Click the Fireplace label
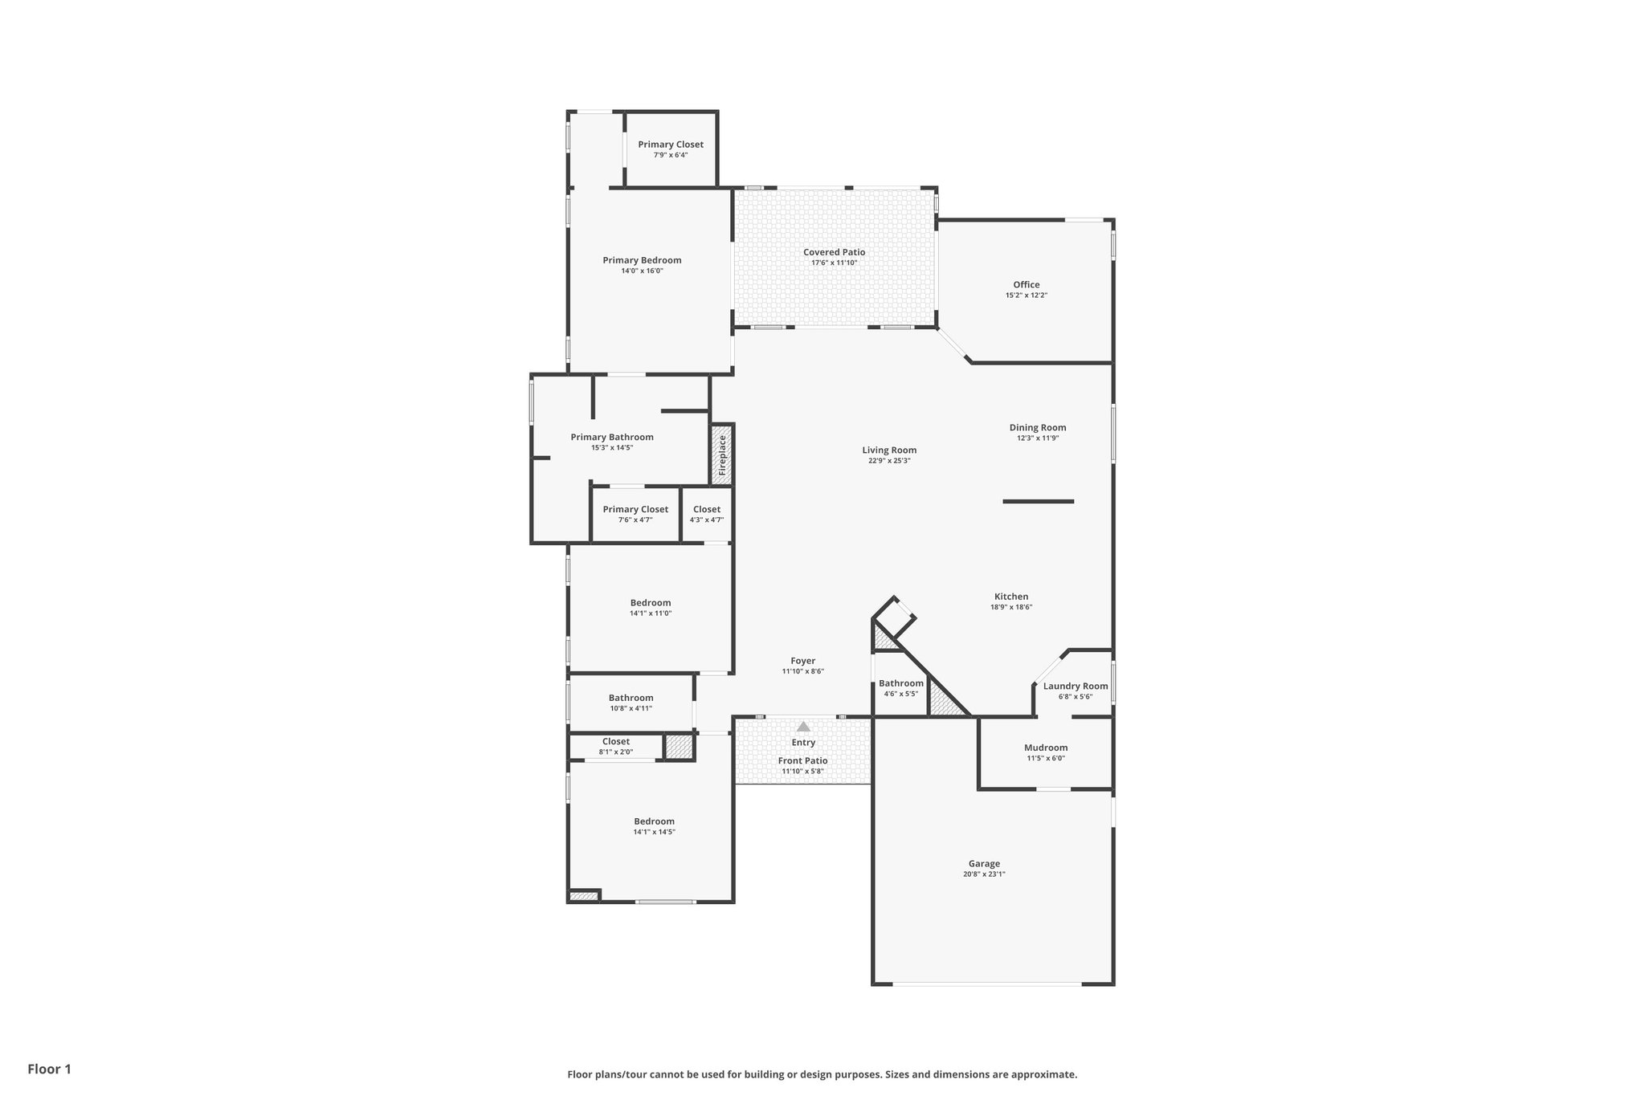tap(722, 454)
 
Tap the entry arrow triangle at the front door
tap(803, 726)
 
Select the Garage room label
tap(984, 864)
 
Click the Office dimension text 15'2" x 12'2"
tap(1026, 295)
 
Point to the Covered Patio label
tap(834, 252)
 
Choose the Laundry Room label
tap(1075, 686)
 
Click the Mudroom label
tap(1046, 748)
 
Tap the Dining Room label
tap(1037, 427)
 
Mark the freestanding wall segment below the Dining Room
tap(1038, 502)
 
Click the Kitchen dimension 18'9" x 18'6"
tap(1011, 607)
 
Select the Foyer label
tap(802, 661)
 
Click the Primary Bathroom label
tap(612, 437)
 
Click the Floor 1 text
tap(50, 1069)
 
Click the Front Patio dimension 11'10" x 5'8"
tap(802, 772)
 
